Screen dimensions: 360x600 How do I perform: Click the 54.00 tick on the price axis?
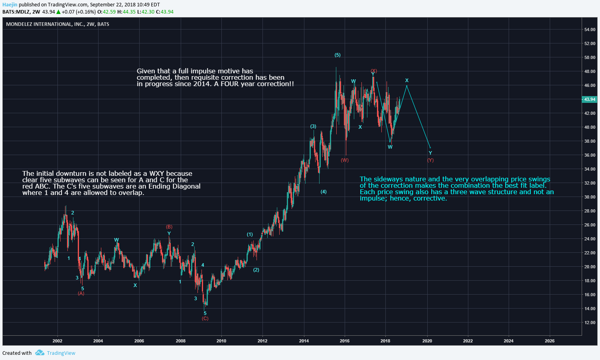coord(590,30)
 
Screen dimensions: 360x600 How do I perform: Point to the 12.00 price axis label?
coord(590,323)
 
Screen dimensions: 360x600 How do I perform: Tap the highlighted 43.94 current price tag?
coord(590,99)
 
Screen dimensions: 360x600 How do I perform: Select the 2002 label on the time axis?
coord(57,341)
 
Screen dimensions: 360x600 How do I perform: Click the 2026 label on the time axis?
coord(549,341)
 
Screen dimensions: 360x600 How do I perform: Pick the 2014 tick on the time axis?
coord(304,341)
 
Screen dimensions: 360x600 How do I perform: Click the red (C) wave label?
coord(205,319)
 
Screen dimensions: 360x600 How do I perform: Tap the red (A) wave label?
coord(81,293)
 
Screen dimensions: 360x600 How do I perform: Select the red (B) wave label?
coord(169,227)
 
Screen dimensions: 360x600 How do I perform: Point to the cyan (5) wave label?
coord(337,55)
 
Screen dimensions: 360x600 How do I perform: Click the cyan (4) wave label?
coord(324,192)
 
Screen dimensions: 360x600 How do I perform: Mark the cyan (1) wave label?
coord(250,234)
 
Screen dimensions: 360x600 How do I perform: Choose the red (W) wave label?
coord(345,160)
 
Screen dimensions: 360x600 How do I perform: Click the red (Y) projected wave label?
coord(430,160)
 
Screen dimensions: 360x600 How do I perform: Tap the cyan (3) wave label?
coord(313,126)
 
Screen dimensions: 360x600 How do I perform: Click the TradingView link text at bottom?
coord(61,353)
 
